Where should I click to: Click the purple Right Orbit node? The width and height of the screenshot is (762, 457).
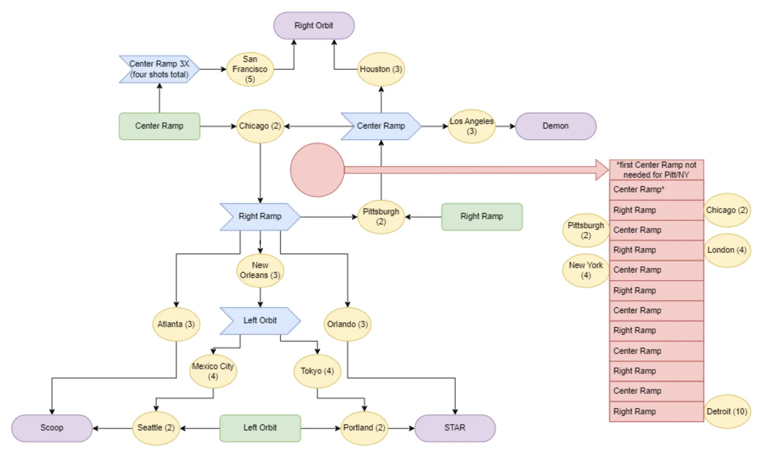[314, 26]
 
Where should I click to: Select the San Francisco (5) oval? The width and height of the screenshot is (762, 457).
[250, 69]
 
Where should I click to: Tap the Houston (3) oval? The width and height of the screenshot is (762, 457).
[381, 69]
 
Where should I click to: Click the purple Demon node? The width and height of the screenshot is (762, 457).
[556, 126]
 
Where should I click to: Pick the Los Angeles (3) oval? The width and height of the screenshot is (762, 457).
[472, 126]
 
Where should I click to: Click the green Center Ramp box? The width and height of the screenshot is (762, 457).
[159, 126]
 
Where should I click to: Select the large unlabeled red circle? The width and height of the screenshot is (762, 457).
[317, 170]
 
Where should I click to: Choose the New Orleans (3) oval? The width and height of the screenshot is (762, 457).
[260, 271]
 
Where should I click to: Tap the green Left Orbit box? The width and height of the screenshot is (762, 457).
[260, 428]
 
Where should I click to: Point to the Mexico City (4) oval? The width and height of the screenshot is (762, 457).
[213, 371]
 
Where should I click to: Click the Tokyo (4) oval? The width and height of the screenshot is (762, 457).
[317, 371]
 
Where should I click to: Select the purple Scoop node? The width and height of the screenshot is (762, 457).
[52, 428]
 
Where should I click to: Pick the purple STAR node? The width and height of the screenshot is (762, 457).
[455, 428]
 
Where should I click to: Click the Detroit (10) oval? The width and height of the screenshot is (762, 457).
[727, 412]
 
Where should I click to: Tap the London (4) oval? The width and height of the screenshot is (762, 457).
[727, 250]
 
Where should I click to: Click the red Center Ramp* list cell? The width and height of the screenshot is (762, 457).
[656, 190]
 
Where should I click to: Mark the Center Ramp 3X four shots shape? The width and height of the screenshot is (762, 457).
[159, 69]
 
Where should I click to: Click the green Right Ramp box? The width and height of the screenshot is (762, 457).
[482, 217]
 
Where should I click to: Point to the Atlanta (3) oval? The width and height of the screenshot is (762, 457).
[176, 324]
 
